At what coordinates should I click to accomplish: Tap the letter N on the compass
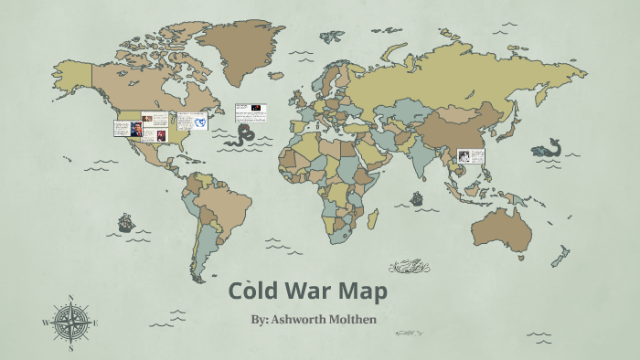(x=70, y=299)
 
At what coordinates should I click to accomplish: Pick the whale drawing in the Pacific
(x=548, y=147)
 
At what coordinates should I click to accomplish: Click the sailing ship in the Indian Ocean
(x=417, y=197)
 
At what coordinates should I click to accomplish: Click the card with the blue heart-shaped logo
(x=192, y=121)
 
